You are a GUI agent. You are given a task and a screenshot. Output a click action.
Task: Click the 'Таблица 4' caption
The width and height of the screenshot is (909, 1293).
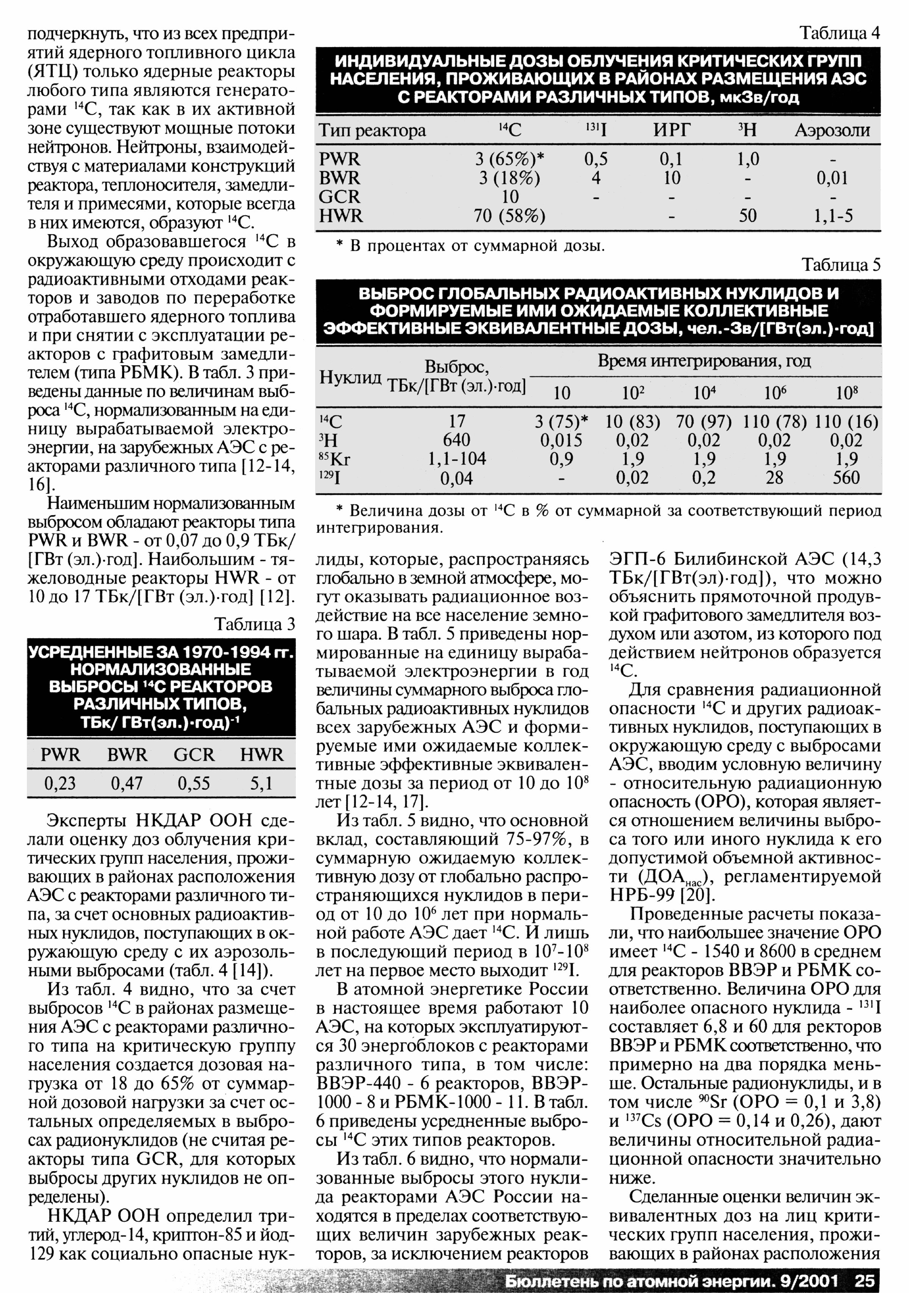click(840, 34)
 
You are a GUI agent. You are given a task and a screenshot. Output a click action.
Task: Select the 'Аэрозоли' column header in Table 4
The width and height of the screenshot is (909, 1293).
click(832, 131)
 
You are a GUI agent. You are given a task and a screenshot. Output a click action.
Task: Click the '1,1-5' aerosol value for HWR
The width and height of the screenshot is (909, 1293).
click(833, 215)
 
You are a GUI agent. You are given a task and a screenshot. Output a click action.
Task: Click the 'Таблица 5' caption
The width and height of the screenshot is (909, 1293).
click(840, 265)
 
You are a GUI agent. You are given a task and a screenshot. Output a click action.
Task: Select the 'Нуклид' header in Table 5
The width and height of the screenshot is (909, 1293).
click(350, 377)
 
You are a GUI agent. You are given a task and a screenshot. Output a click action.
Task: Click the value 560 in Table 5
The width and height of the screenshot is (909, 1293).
click(846, 478)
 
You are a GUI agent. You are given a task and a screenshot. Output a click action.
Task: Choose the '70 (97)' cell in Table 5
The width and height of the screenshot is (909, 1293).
click(703, 422)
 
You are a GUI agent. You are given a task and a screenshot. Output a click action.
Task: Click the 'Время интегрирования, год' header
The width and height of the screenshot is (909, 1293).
click(704, 361)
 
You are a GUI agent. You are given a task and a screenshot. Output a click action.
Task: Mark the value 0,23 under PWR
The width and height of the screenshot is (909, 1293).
click(60, 783)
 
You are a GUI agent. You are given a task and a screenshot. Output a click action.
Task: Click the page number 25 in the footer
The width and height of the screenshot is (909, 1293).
click(865, 1280)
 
